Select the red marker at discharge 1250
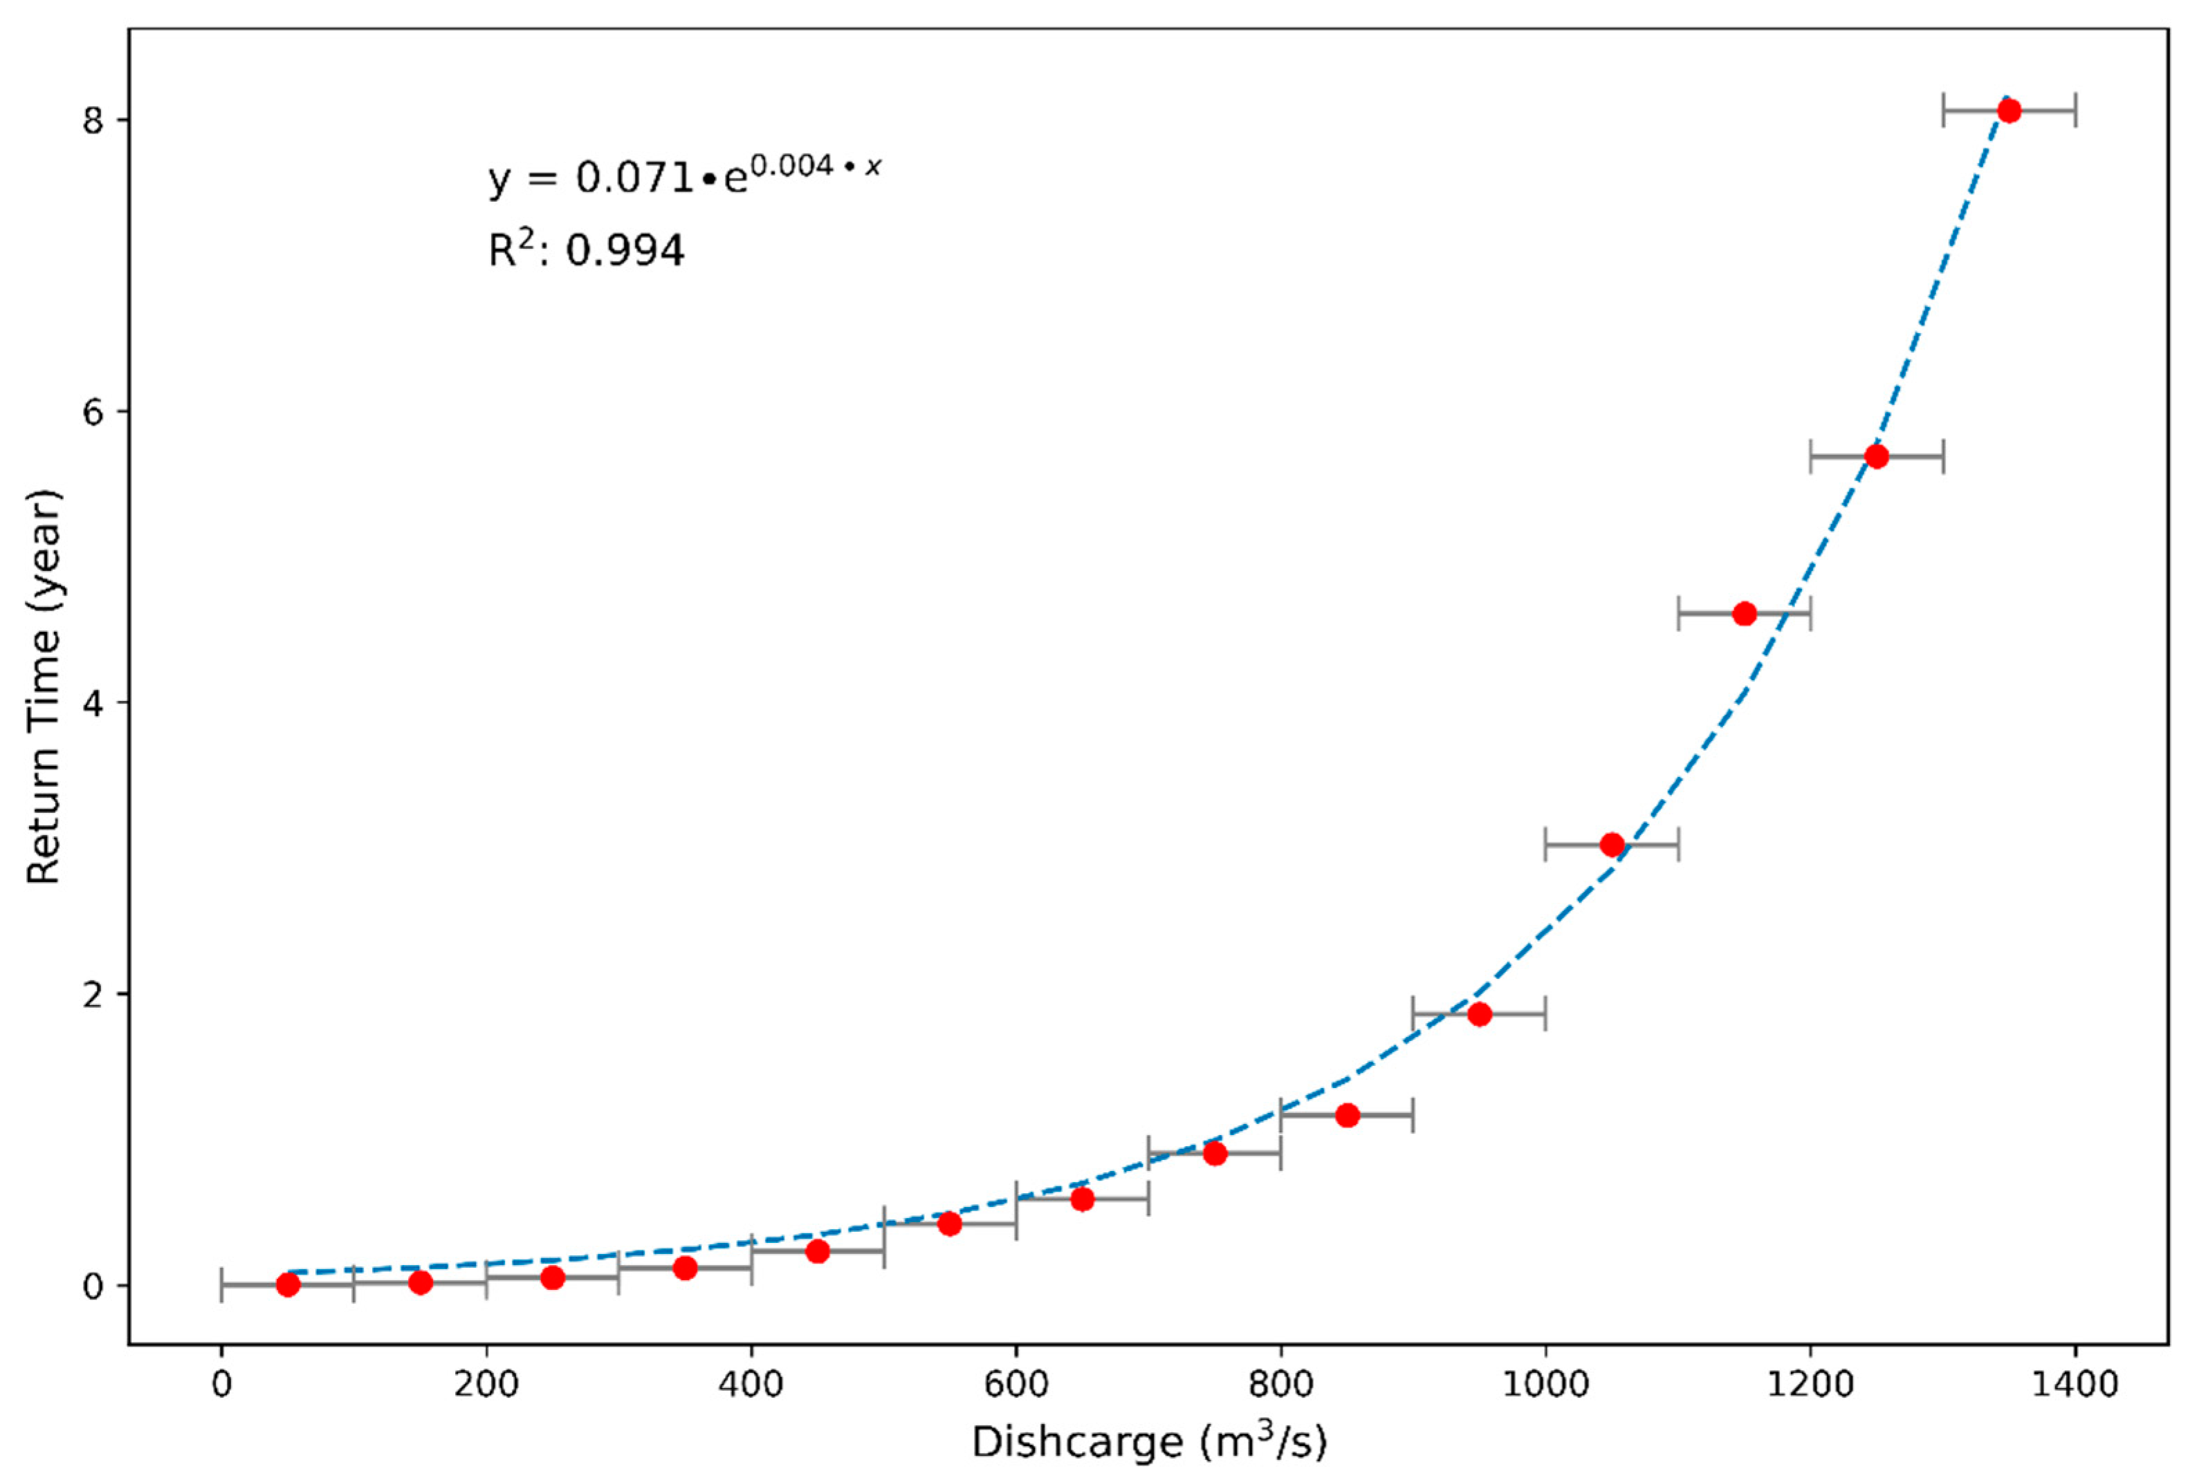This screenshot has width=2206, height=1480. click(1877, 456)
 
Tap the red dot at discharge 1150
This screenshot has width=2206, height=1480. click(1744, 614)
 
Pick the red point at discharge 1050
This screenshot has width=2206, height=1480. click(1612, 844)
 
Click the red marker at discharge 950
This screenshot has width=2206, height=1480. click(1479, 1013)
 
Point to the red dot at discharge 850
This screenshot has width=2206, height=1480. click(1348, 1115)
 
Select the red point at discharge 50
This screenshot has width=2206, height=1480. click(288, 1284)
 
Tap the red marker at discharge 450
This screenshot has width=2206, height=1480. click(818, 1250)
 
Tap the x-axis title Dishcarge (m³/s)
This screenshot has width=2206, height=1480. click(1148, 1441)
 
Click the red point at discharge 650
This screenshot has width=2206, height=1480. click(1082, 1199)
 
